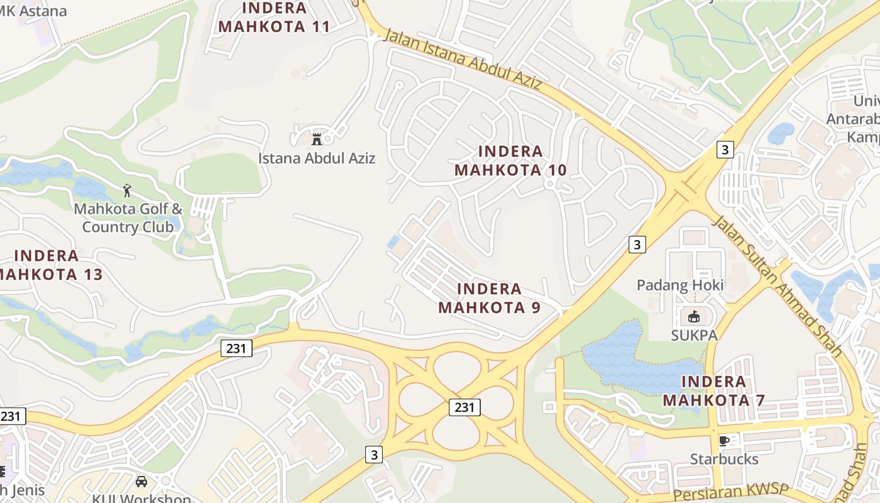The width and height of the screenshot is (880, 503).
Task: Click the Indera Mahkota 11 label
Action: [x=275, y=17]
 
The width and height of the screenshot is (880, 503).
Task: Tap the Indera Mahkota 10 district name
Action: [x=510, y=160]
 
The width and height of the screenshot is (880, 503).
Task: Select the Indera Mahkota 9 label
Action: [x=490, y=298]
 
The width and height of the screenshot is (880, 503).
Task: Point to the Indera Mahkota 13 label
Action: [x=47, y=265]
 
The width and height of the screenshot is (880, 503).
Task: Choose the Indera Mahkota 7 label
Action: [x=713, y=390]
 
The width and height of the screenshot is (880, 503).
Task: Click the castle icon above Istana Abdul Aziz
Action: [x=317, y=138]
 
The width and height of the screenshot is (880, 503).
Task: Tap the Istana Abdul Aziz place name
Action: [x=317, y=158]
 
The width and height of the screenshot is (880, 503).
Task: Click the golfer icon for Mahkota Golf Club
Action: [x=128, y=190]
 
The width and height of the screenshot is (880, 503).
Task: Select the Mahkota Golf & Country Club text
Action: [x=128, y=218]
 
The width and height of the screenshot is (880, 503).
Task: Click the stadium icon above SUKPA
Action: [x=694, y=316]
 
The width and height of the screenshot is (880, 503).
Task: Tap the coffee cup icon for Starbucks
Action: [x=724, y=441]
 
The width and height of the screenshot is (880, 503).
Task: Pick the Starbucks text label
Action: [x=724, y=459]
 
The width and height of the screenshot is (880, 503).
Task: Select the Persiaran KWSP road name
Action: [x=730, y=493]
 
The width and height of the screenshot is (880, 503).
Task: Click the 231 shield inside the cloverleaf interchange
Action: [x=465, y=407]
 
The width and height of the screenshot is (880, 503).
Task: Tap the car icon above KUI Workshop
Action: [x=141, y=482]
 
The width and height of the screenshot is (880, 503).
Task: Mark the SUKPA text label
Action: [x=694, y=335]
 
